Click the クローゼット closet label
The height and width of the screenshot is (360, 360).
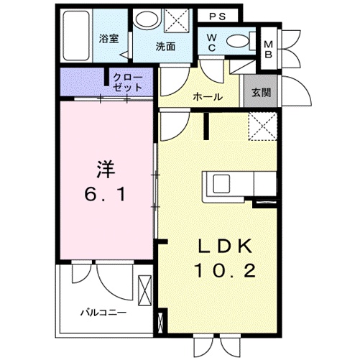[x=126, y=80]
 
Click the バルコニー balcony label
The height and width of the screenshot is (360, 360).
[x=103, y=313]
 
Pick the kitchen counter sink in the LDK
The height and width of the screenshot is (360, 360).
[x=218, y=183]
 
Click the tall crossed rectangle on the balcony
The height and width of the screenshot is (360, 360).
[x=146, y=292]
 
